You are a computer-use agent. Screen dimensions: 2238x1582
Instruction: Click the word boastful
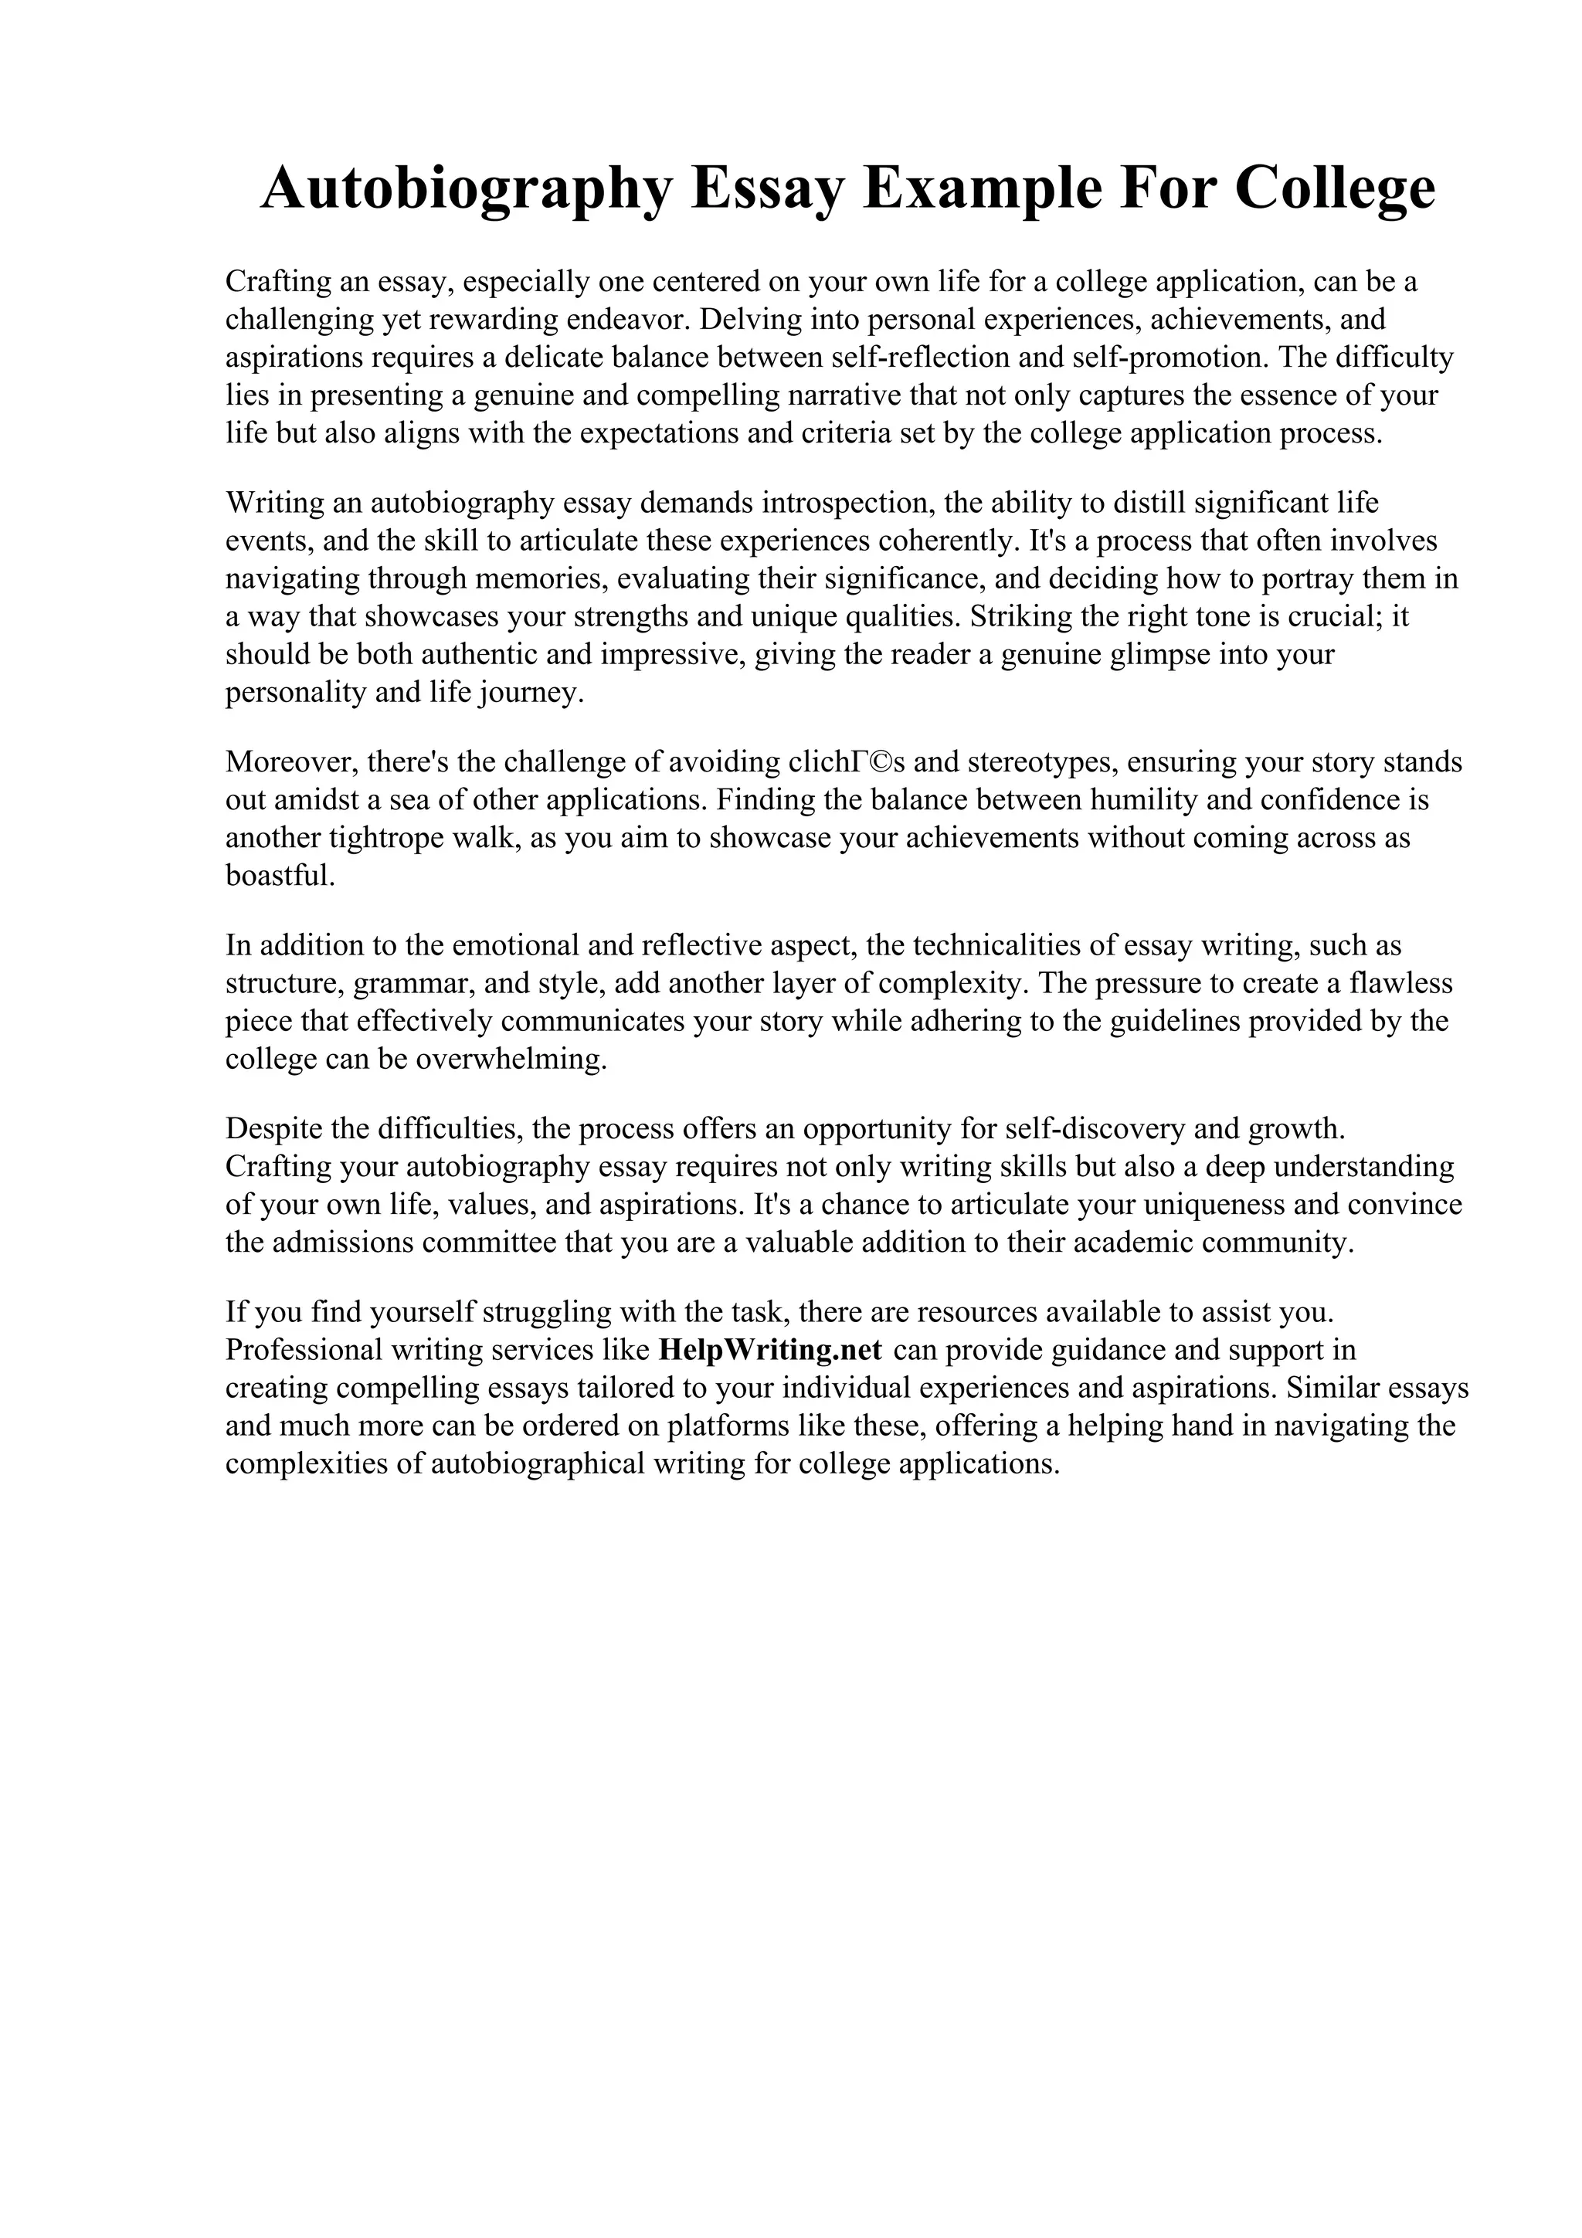click(280, 875)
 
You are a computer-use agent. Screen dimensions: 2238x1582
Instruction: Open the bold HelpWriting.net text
click(770, 1350)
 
